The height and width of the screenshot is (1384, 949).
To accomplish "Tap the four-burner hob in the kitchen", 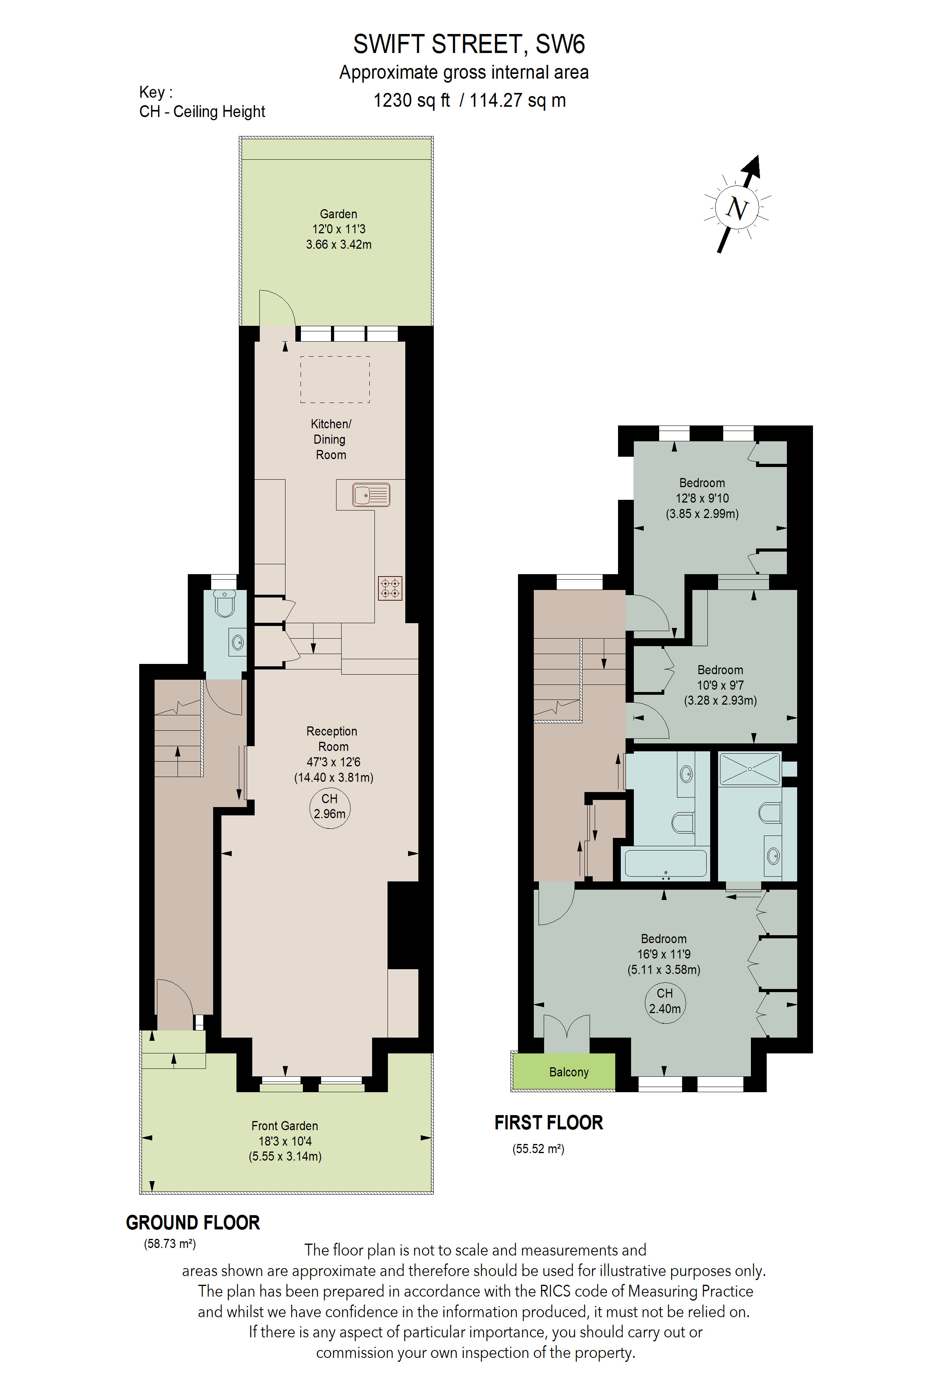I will tap(390, 588).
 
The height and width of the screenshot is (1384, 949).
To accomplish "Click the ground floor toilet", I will tap(225, 604).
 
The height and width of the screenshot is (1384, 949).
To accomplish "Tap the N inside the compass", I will tap(737, 208).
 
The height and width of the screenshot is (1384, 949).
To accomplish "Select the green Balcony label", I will tap(569, 1072).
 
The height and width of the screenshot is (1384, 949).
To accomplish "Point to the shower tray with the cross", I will tap(750, 769).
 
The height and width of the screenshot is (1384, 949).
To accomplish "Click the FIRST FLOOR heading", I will tap(548, 1123).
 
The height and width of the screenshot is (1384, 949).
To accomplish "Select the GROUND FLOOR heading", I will tap(193, 1223).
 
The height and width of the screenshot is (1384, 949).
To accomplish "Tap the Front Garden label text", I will tap(285, 1125).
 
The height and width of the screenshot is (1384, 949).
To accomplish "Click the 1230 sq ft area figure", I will tap(411, 100).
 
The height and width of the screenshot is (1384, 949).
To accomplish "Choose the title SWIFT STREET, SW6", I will tap(469, 44).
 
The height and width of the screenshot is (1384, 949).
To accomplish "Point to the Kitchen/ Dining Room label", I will tap(331, 439).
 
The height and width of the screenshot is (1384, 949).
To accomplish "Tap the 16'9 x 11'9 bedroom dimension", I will tap(664, 954).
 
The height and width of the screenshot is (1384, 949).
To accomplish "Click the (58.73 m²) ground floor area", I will tap(170, 1244).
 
